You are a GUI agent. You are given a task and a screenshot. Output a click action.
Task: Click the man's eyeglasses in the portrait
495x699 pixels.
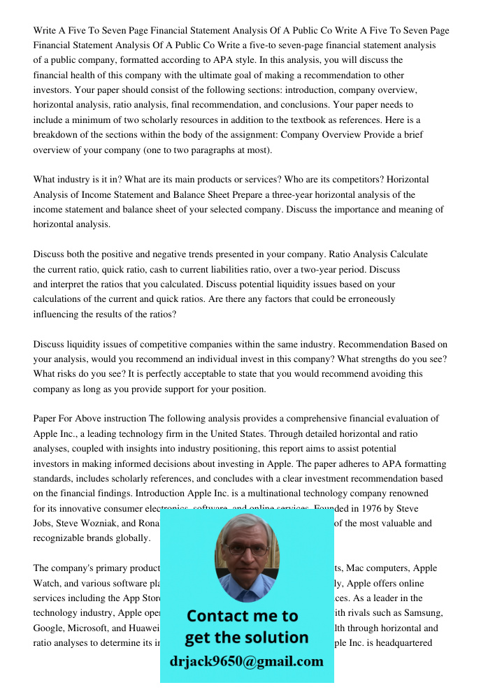click(246, 549)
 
